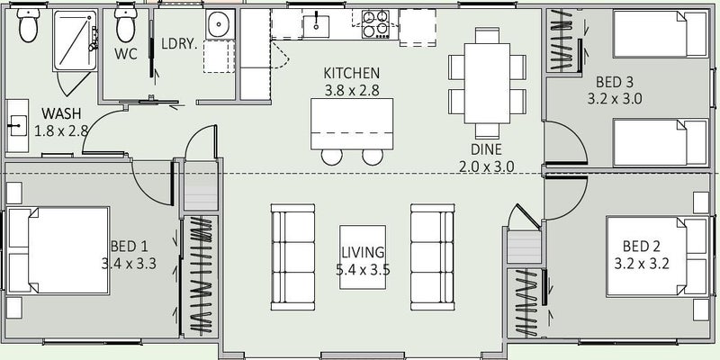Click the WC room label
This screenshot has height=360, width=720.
pyautogui.click(x=126, y=54)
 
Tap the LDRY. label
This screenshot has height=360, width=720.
pyautogui.click(x=179, y=44)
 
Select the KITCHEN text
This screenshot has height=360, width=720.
pyautogui.click(x=352, y=73)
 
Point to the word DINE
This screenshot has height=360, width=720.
pyautogui.click(x=486, y=149)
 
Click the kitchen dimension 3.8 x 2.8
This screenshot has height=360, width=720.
pyautogui.click(x=352, y=91)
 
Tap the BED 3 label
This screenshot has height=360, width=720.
pyautogui.click(x=615, y=82)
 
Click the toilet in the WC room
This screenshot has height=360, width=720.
pyautogui.click(x=126, y=23)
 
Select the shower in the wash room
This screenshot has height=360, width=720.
pyautogui.click(x=75, y=40)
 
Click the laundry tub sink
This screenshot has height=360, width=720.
pyautogui.click(x=220, y=24)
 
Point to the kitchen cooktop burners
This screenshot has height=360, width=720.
pyautogui.click(x=375, y=24)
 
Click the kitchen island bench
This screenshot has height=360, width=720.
pyautogui.click(x=352, y=124)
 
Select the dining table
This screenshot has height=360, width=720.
pyautogui.click(x=487, y=83)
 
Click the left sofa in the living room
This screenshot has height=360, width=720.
pyautogui.click(x=293, y=257)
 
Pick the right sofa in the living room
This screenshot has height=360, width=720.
pyautogui.click(x=433, y=257)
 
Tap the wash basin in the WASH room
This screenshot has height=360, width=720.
pyautogui.click(x=17, y=125)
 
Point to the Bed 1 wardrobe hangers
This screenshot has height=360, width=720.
pyautogui.click(x=201, y=274)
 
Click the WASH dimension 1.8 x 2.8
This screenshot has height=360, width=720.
pyautogui.click(x=61, y=130)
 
